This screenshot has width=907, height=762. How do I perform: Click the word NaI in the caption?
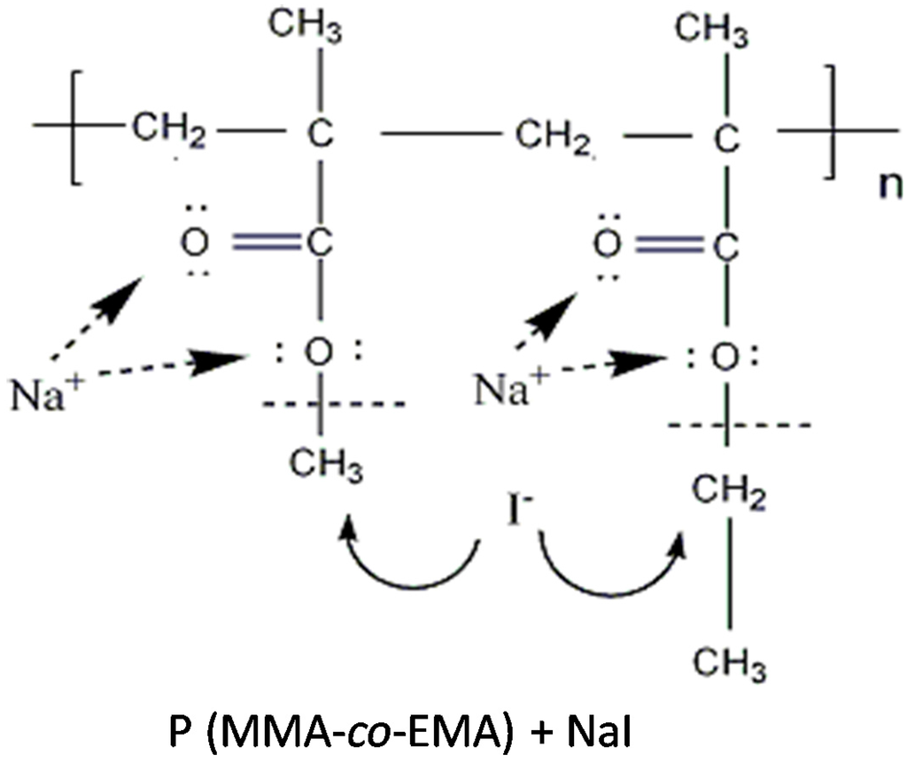coord(592,733)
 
